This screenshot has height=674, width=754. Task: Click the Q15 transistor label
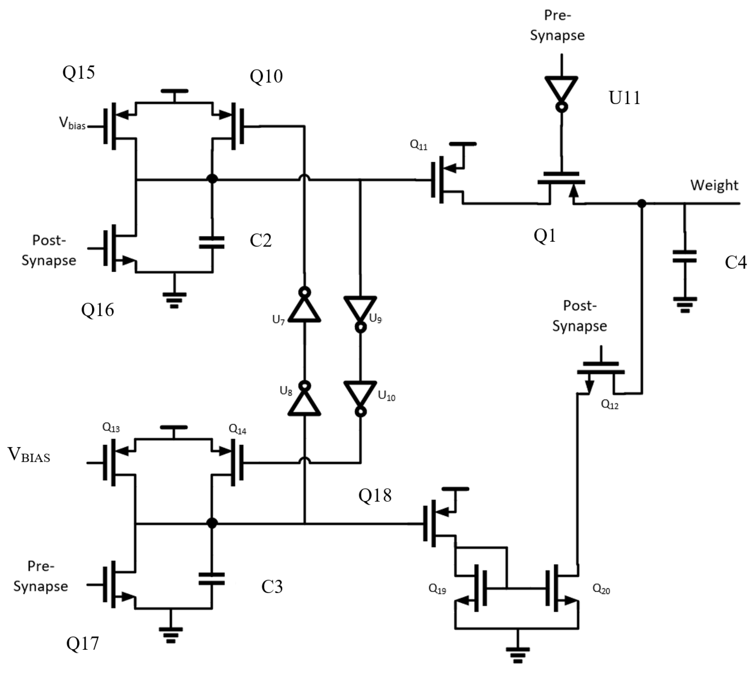coord(79,72)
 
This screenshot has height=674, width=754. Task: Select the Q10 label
coord(266,77)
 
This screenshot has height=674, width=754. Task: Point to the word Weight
coord(714,185)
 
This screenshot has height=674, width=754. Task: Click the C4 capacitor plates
coord(684,256)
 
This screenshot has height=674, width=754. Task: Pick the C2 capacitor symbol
coord(212,242)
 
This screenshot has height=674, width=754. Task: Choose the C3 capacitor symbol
coord(212,579)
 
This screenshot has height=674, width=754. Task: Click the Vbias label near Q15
coord(72,123)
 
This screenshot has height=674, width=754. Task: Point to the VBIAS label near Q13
coord(29,455)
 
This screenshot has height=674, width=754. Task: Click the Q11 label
coord(419,145)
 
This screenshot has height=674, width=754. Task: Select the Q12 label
coord(610,404)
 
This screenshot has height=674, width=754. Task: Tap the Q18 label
coord(375,495)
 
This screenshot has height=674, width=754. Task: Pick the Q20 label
coord(601,589)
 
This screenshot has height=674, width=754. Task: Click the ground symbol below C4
coord(685,304)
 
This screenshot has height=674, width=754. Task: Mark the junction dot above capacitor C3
coord(212,523)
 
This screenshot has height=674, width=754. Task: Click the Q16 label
coord(97,310)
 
